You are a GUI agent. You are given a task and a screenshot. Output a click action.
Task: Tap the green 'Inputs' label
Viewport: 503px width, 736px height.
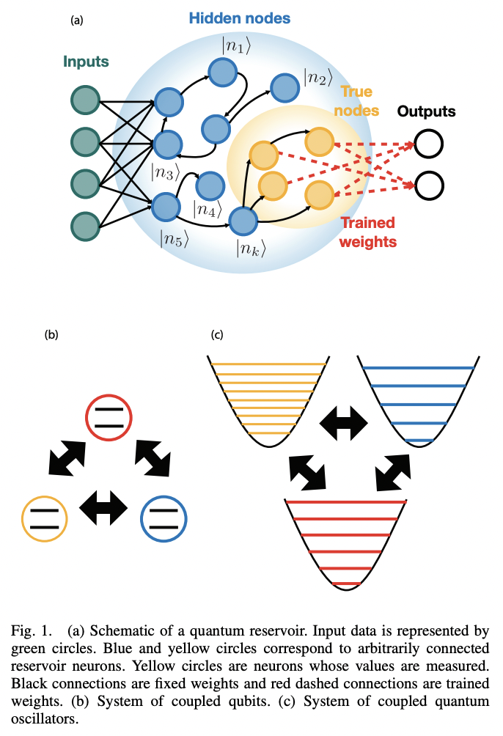pos(86,62)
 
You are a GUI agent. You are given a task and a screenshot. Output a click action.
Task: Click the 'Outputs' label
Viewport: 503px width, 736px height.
pos(426,111)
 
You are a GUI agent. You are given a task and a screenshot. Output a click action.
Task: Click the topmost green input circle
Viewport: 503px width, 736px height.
pos(85,100)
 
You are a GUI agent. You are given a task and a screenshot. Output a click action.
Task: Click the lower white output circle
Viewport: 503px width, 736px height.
pos(428,185)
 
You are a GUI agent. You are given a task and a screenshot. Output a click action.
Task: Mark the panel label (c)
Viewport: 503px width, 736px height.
pos(216,335)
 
